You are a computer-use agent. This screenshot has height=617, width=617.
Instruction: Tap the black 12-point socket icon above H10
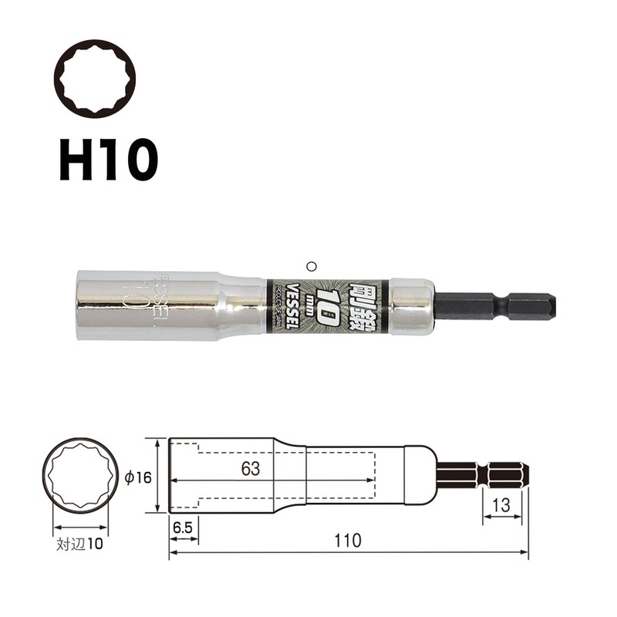[94, 79]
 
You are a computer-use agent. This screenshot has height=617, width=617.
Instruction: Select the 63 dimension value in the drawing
[248, 468]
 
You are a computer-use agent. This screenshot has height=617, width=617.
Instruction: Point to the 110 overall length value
[348, 541]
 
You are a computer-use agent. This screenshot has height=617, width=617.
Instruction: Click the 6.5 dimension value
[183, 530]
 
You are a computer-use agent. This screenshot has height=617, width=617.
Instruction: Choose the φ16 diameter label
[137, 478]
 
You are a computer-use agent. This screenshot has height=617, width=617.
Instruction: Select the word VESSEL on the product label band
[292, 305]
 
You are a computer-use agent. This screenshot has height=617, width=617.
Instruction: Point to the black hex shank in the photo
[494, 305]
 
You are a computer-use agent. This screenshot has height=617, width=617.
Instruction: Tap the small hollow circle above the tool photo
[311, 266]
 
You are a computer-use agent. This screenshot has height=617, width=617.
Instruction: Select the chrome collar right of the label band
[411, 305]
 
